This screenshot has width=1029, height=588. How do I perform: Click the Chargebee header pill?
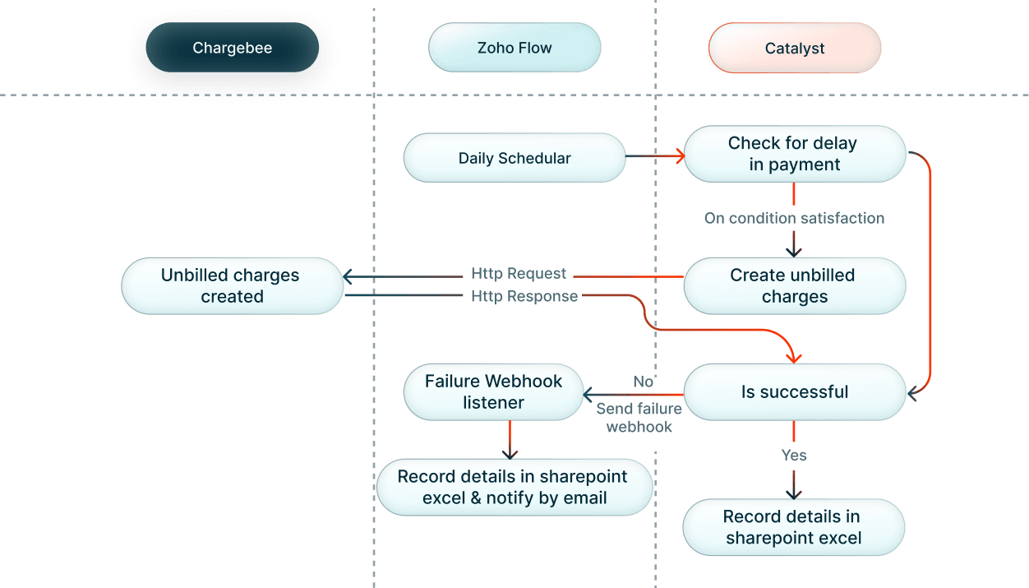tap(232, 49)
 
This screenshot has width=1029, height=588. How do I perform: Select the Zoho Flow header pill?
tap(514, 49)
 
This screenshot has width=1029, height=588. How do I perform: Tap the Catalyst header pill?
tap(794, 49)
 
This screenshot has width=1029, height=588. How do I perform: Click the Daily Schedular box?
tap(514, 158)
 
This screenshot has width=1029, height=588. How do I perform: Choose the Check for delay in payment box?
tap(794, 154)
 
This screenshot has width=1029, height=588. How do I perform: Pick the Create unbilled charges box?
tap(794, 285)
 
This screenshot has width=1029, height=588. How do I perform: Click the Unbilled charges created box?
tap(232, 285)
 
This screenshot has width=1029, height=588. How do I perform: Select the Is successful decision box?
tap(794, 391)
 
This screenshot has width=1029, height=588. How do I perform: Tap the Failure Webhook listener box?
tap(493, 391)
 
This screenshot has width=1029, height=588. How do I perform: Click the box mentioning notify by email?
tap(514, 487)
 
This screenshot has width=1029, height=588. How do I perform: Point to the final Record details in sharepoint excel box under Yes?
tap(793, 527)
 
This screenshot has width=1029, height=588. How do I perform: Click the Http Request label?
tap(519, 274)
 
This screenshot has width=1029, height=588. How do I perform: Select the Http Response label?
tap(524, 296)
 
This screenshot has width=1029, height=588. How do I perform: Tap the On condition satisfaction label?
tap(794, 219)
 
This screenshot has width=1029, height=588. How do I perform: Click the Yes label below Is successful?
tap(794, 455)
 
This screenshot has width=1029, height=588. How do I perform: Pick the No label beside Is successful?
tap(643, 382)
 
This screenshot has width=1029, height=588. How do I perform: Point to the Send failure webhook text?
tap(639, 418)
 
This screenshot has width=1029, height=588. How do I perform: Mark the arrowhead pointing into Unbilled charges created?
tap(348, 276)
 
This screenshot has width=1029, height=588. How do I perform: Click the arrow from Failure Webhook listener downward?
tap(510, 440)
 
